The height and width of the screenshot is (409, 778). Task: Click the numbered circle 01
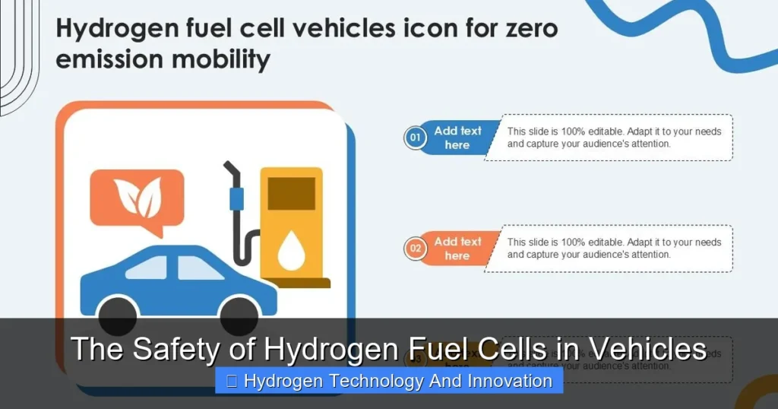point(415,138)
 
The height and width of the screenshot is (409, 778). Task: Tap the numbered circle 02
point(415,249)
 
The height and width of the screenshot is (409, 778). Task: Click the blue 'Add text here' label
point(457,138)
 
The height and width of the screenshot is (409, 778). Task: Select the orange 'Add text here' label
point(457,249)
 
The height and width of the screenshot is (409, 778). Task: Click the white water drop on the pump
point(291,252)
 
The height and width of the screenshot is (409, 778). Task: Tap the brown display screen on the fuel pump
point(291,193)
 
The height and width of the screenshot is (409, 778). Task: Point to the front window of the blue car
point(199,268)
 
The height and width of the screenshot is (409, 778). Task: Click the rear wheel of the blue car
point(118,313)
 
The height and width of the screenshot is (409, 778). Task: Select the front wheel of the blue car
point(239,313)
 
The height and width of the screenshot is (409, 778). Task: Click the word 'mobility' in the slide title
point(227,59)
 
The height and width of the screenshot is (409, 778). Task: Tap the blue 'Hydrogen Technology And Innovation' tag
point(389,381)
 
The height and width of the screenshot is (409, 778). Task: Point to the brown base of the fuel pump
point(296,283)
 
